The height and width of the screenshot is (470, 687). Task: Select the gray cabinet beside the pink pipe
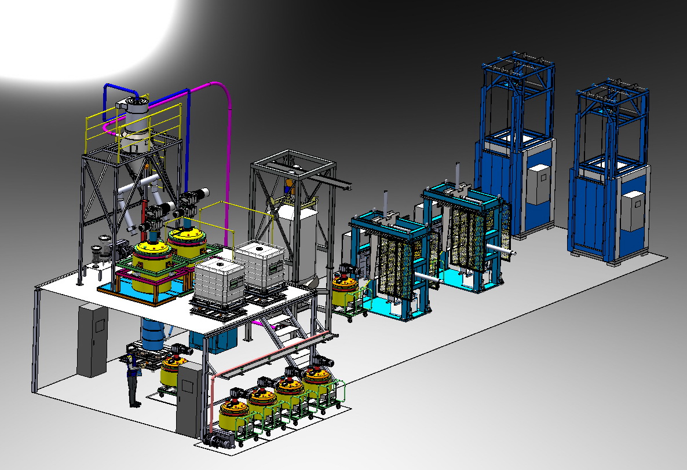(x=188, y=399)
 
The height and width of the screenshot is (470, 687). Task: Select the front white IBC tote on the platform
(x=217, y=284)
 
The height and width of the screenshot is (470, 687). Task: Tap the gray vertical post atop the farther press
(x=458, y=174)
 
